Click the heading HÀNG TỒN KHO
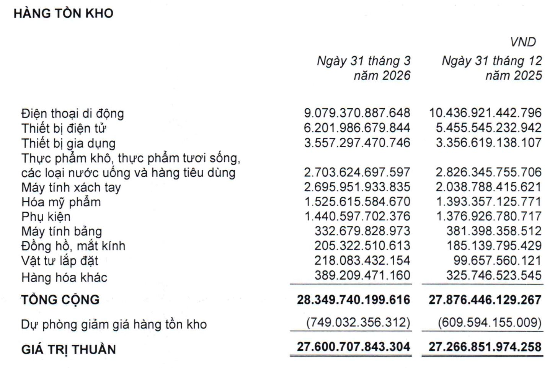64,13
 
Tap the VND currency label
523,42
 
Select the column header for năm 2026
364,68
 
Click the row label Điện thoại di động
73,114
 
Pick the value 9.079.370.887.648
357,113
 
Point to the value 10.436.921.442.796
485,113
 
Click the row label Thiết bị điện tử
64,128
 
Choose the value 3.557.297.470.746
357,143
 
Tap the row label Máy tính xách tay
71,187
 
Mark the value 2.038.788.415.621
488,187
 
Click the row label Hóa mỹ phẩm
61,202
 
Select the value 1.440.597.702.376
357,217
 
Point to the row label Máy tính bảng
62,231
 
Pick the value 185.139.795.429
494,246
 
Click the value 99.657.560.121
497,261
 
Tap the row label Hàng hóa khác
64,277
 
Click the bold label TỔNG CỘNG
60,300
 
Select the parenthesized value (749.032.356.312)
358,322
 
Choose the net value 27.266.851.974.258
485,347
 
